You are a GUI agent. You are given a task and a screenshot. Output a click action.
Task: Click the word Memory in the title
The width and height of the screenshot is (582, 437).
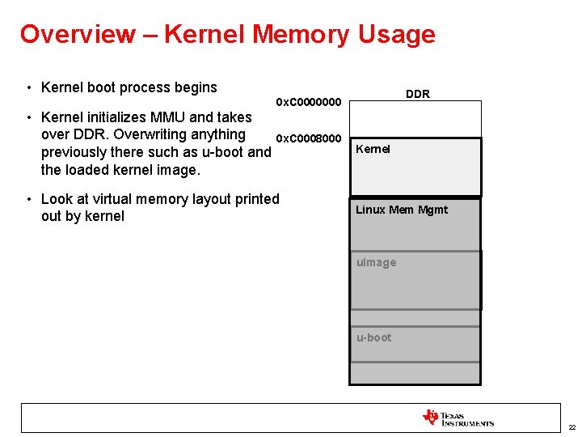point(300,34)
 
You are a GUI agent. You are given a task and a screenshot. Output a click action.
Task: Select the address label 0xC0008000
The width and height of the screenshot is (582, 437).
point(310,139)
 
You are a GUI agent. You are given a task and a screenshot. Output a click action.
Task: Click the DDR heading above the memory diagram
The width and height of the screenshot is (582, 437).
point(418,94)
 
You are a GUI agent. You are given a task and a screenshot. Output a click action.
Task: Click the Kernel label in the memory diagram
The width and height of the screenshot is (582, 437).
point(373,149)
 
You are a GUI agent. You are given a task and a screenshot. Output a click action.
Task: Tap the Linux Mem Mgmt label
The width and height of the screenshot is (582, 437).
point(402,210)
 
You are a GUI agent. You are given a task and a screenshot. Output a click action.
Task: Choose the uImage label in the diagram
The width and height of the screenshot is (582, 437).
point(377,262)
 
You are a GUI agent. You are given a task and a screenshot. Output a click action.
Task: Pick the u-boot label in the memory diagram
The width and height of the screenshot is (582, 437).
point(373,337)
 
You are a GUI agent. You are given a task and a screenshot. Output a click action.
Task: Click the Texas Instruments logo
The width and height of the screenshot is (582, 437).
point(458,418)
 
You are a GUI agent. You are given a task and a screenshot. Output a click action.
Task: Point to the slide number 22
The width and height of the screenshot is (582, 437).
point(571,426)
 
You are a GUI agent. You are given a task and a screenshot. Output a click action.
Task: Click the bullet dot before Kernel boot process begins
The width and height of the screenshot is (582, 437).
point(28,88)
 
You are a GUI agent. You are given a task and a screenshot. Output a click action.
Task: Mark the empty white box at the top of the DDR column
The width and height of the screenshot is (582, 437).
point(415,119)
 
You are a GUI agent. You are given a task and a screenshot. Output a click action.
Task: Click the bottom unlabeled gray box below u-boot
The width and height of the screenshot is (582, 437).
point(415,373)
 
